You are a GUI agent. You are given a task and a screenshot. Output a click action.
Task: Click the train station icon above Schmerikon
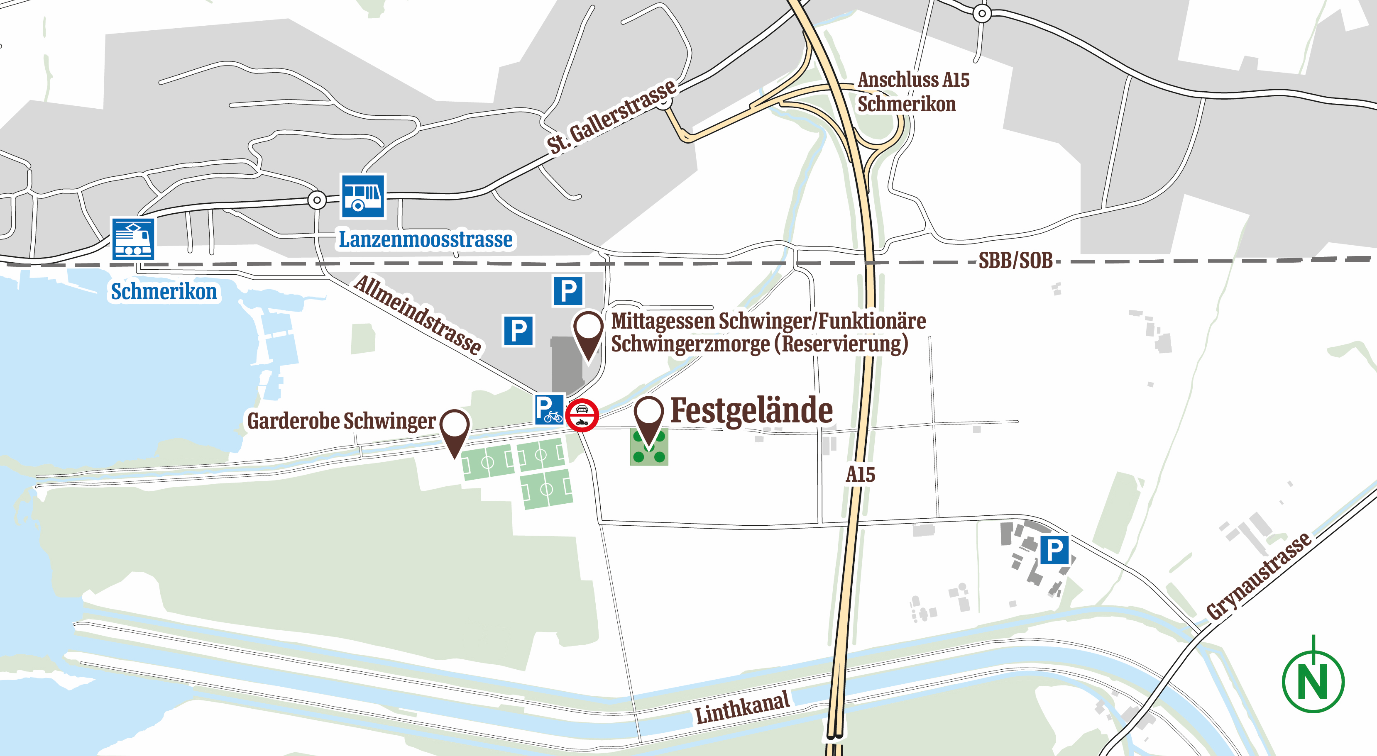tap(132, 239)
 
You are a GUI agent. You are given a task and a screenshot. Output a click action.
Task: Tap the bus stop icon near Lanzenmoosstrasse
tap(363, 196)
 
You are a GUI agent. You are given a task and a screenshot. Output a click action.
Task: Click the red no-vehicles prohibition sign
tap(582, 415)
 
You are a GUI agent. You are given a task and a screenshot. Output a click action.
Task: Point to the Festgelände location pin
tap(648, 419)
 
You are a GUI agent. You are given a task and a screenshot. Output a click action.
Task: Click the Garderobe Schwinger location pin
tap(455, 430)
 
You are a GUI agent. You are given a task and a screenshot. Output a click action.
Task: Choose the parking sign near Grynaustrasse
tap(1054, 550)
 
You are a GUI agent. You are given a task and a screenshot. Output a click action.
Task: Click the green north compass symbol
tap(1313, 680)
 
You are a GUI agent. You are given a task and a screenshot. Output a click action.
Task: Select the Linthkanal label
tap(742, 707)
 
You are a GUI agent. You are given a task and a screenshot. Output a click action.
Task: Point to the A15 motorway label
tap(860, 474)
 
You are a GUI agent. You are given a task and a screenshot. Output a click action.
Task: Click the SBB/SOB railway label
tap(1015, 261)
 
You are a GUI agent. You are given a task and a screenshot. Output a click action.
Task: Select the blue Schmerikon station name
tap(164, 292)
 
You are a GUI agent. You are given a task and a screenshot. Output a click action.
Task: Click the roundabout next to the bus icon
tap(317, 200)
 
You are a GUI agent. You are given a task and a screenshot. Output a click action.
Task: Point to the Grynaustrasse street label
tap(1258, 576)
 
